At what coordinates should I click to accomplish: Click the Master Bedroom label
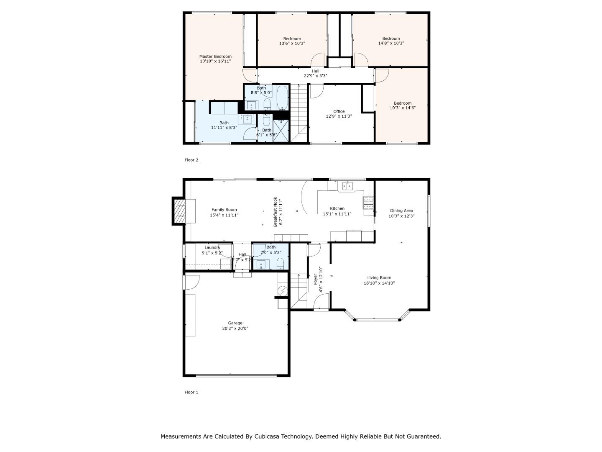215,56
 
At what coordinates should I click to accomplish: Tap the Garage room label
235,323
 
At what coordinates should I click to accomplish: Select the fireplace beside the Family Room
181,211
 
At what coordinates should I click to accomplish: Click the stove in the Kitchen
368,203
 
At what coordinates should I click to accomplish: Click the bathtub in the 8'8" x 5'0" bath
282,97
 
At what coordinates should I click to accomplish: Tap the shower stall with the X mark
281,131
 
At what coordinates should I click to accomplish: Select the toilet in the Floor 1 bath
281,264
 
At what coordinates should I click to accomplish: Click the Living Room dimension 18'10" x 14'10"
379,283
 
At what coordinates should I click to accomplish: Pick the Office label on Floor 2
339,111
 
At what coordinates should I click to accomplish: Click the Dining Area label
401,211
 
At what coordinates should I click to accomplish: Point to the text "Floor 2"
191,160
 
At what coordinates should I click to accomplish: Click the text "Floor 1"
191,392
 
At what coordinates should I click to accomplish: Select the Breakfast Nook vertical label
275,212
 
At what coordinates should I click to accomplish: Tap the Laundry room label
212,247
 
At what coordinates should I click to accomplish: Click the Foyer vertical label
315,279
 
